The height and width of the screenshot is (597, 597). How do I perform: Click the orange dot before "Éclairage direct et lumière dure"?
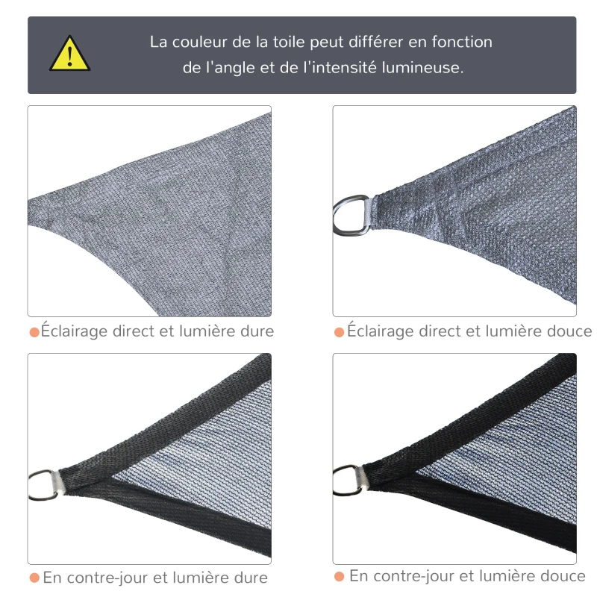(x=34, y=331)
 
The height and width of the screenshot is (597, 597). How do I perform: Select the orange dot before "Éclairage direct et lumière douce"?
(x=340, y=331)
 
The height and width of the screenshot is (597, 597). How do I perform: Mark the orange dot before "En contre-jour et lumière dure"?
(x=34, y=578)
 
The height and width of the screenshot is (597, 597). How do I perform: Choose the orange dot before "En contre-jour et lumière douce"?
(x=340, y=576)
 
